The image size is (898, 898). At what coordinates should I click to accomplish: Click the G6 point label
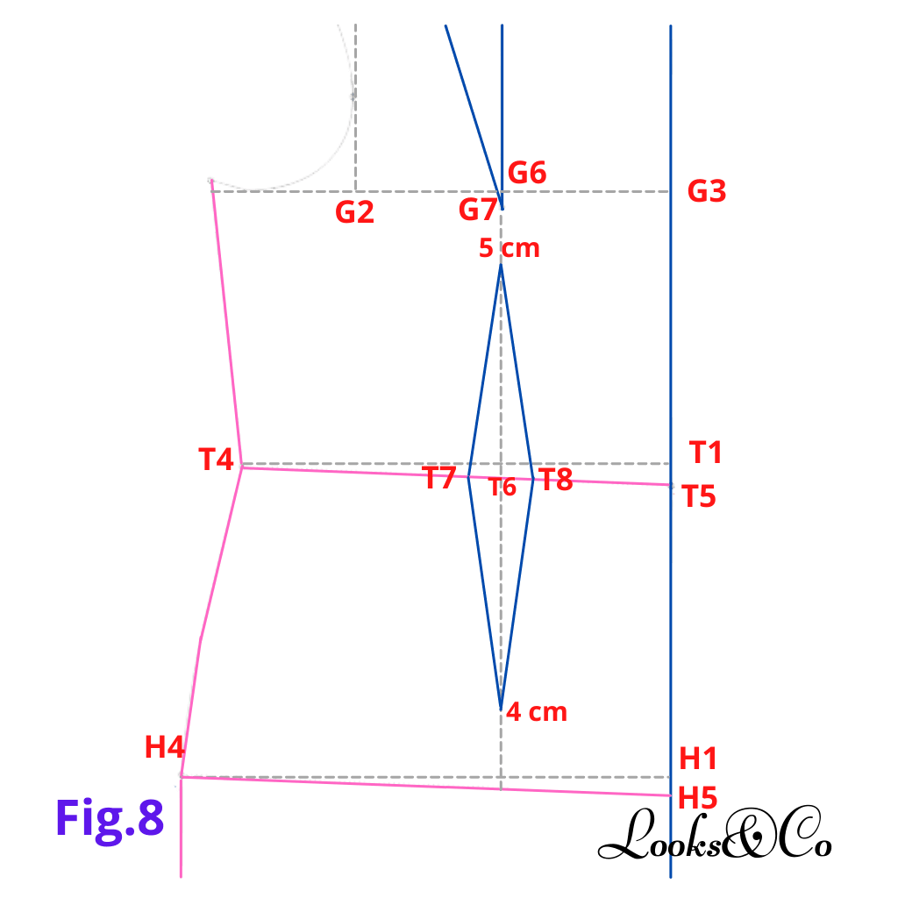click(x=527, y=173)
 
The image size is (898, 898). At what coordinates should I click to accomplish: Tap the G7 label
click(x=478, y=210)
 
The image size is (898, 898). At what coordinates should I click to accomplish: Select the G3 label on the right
click(x=707, y=191)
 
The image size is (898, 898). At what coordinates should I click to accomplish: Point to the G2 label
click(x=354, y=212)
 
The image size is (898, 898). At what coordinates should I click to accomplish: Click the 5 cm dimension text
click(x=510, y=248)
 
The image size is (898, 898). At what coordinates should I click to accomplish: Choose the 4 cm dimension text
click(x=537, y=712)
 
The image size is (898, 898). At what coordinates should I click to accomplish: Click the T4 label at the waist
click(x=216, y=460)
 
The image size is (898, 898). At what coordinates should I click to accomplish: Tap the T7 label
click(x=439, y=477)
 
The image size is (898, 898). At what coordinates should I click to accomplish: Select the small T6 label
click(x=502, y=488)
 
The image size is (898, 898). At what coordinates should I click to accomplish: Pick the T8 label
click(x=555, y=480)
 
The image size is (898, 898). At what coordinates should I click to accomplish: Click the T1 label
click(x=706, y=453)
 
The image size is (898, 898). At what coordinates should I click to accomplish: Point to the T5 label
click(x=699, y=496)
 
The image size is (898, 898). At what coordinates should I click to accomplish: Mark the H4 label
click(x=164, y=747)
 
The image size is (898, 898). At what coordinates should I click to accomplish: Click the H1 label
click(x=698, y=759)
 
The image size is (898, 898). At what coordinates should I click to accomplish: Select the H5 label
click(x=697, y=798)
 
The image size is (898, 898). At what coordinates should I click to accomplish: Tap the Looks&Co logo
click(x=715, y=833)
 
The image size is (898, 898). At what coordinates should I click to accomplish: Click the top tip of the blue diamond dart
click(x=501, y=265)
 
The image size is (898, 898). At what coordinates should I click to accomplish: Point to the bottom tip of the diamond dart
click(x=501, y=709)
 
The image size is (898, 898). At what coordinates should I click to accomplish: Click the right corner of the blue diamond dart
click(x=533, y=480)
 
